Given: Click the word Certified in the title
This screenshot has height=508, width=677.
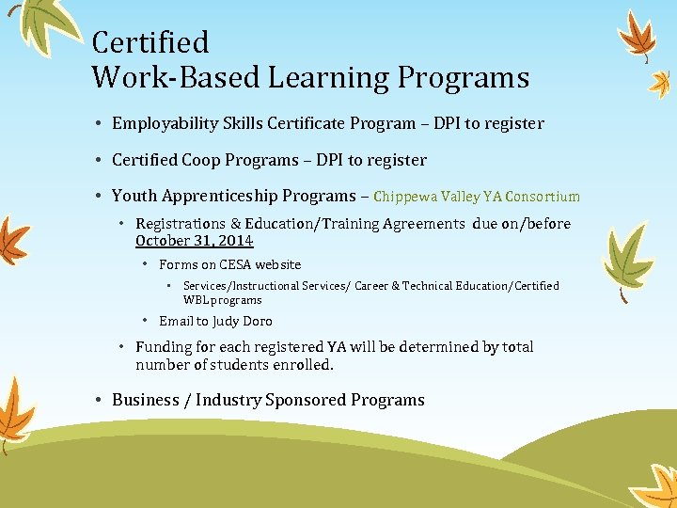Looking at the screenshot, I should tap(150, 42).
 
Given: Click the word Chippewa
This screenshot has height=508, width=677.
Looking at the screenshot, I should tap(407, 198).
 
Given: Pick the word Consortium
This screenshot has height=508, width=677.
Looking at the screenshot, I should tap(543, 198).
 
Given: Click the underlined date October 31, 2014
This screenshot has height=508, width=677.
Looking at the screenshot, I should tap(194, 241).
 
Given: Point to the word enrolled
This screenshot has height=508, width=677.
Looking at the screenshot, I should tap(302, 364).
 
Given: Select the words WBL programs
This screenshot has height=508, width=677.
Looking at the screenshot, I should tap(222, 300).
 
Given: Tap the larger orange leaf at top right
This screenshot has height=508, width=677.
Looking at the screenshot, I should tap(640, 35).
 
